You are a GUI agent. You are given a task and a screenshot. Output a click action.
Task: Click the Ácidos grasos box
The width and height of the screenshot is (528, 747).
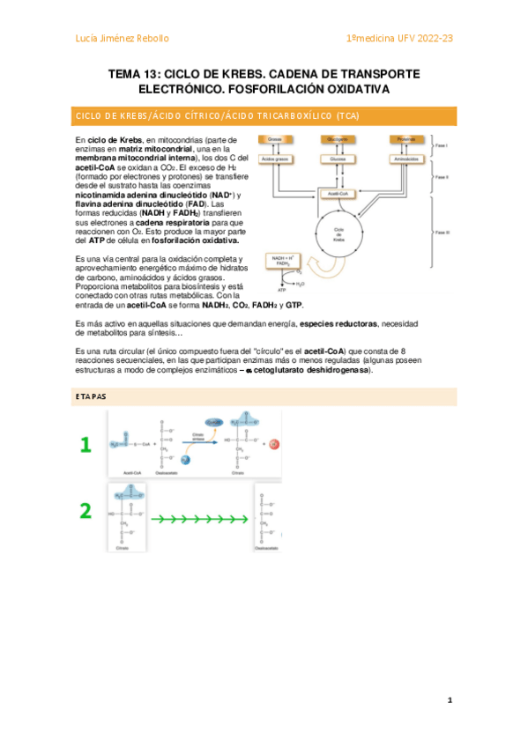276,159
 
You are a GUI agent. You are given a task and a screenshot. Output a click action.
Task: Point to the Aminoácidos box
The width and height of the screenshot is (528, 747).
405,159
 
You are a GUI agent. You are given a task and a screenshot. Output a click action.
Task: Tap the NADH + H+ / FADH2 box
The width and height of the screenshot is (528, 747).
282,261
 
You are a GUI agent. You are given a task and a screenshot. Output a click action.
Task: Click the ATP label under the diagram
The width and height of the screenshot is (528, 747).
282,289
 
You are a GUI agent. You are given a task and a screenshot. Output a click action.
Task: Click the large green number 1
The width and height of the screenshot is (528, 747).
86,446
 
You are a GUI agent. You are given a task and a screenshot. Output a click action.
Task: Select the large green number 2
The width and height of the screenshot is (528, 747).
86,510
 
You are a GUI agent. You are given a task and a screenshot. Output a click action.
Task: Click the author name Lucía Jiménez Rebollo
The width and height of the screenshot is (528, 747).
122,38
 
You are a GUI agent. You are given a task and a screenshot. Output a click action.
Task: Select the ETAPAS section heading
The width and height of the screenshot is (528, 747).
90,397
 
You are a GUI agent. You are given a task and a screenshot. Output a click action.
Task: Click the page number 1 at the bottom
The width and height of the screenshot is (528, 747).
450,700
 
